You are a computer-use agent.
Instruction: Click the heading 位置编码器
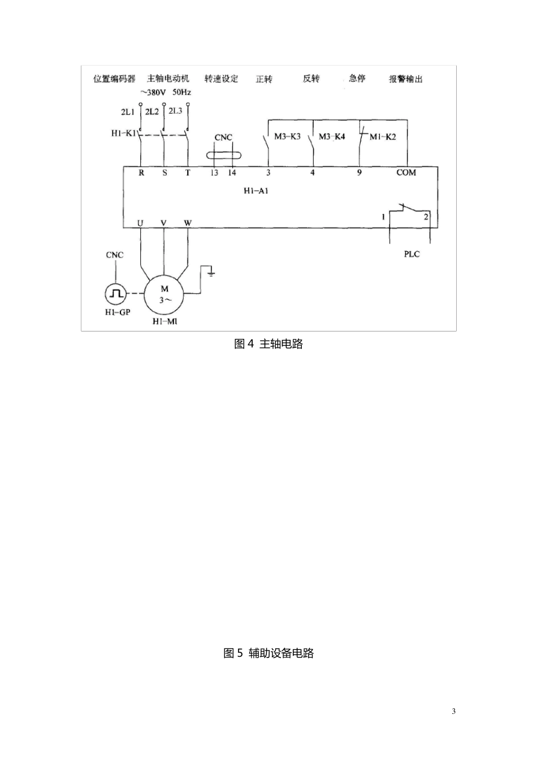pyautogui.click(x=114, y=78)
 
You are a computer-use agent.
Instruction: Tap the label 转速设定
pyautogui.click(x=221, y=78)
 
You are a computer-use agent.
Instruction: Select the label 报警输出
pyautogui.click(x=405, y=79)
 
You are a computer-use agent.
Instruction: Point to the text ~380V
pyautogui.click(x=153, y=92)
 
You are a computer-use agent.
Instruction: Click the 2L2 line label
pyautogui.click(x=151, y=111)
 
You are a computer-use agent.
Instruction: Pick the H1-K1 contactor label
pyautogui.click(x=123, y=133)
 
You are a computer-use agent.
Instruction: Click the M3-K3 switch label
pyautogui.click(x=287, y=137)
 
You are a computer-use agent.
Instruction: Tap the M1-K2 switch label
pyautogui.click(x=383, y=137)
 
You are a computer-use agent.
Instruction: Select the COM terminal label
pyautogui.click(x=406, y=172)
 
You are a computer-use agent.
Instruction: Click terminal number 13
pyautogui.click(x=214, y=172)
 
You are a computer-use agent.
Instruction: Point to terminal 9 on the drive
pyautogui.click(x=360, y=172)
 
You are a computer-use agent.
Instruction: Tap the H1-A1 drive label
pyautogui.click(x=255, y=191)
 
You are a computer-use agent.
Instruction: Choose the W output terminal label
pyautogui.click(x=188, y=223)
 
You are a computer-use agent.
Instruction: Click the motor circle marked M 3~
pyautogui.click(x=164, y=294)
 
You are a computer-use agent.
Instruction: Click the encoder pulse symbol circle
pyautogui.click(x=116, y=294)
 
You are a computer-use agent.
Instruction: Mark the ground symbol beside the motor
pyautogui.click(x=211, y=273)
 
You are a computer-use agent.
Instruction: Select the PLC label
pyautogui.click(x=412, y=254)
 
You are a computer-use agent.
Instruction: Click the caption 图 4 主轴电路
pyautogui.click(x=268, y=344)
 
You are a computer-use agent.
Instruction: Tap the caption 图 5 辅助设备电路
pyautogui.click(x=268, y=653)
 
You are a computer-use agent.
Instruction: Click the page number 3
pyautogui.click(x=453, y=711)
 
